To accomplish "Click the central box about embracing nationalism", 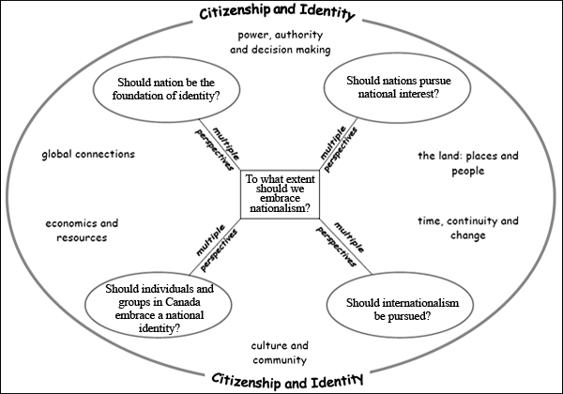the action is coord(280,194).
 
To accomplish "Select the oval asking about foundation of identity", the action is coord(166,89).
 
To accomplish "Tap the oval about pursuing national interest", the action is coord(397,87).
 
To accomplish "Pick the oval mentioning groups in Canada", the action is coord(159,304).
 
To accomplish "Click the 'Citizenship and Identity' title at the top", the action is coord(277,12).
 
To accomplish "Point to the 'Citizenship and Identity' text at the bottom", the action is coord(287,381).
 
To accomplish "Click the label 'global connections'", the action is coord(88,154).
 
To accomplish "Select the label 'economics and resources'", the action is coord(82,231).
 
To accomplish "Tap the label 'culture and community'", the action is coord(280,353).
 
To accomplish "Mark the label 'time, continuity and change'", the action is coord(468,228).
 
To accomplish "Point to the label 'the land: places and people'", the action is coord(468,163).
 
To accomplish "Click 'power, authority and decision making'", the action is coord(281,42).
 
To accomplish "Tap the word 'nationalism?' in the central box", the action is coord(280,208).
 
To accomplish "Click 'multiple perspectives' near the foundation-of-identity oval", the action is coord(217,149).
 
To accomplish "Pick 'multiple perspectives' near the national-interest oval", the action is coord(339,149).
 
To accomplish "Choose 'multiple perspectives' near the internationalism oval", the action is coord(340,244).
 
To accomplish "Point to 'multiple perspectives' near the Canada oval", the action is coord(217,248).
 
